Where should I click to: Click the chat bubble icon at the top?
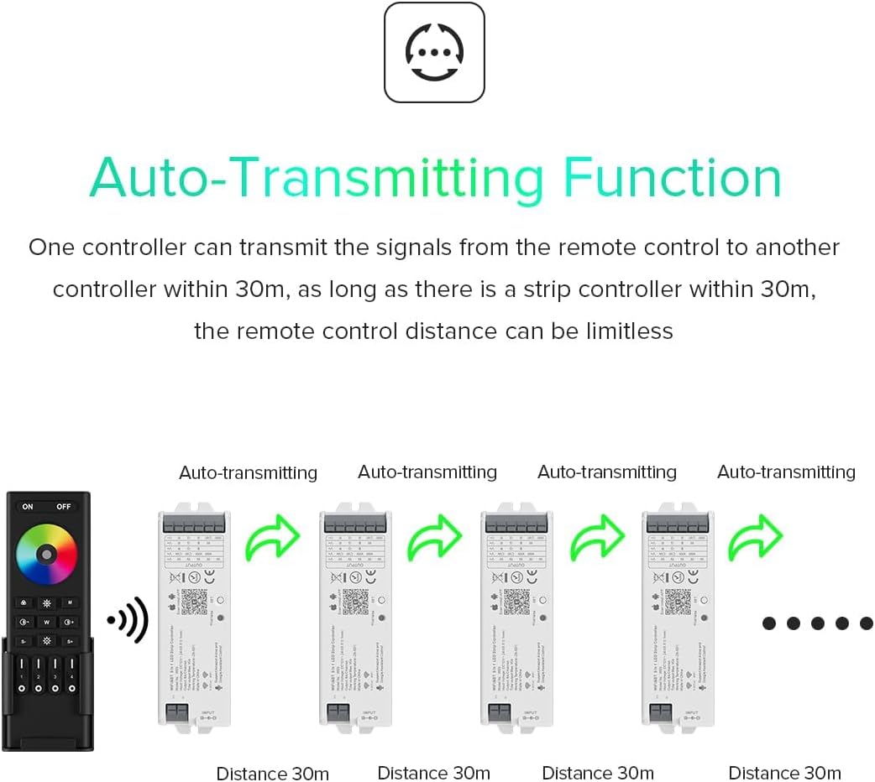[x=434, y=52]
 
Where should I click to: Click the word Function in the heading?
[x=672, y=179]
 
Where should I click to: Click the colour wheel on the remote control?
[x=47, y=555]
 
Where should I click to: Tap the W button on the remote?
[x=47, y=622]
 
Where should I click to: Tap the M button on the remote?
[x=71, y=602]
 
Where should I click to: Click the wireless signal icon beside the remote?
[x=128, y=622]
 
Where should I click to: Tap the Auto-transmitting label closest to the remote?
[x=248, y=473]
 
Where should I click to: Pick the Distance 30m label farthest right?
[x=784, y=773]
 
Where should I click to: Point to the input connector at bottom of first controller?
[x=176, y=712]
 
